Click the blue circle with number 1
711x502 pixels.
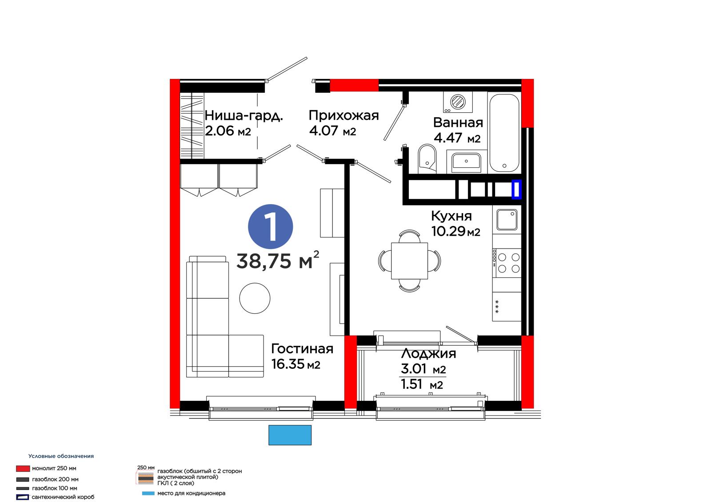pos(271,226)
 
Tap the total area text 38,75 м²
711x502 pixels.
pos(278,261)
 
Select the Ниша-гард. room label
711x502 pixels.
pos(244,116)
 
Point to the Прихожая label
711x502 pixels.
pos(344,116)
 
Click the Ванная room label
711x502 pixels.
pos(458,123)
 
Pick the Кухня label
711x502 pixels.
pos(451,216)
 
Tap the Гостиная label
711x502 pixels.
pos(302,349)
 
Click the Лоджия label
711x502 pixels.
pos(428,354)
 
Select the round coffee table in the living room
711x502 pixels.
pos(255,298)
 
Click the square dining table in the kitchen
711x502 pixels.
pos(409,261)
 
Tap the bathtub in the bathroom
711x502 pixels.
pos(504,133)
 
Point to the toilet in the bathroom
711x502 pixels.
pos(427,159)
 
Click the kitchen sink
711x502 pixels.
pos(507,219)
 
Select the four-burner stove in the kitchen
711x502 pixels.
pos(507,263)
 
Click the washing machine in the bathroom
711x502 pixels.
pos(458,102)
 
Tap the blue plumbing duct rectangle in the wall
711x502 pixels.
pos(516,190)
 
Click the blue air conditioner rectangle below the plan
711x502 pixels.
pos(290,435)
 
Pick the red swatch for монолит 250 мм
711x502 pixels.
pos(23,468)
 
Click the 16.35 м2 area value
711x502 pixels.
pos(296,364)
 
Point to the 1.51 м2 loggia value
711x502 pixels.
pos(422,384)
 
